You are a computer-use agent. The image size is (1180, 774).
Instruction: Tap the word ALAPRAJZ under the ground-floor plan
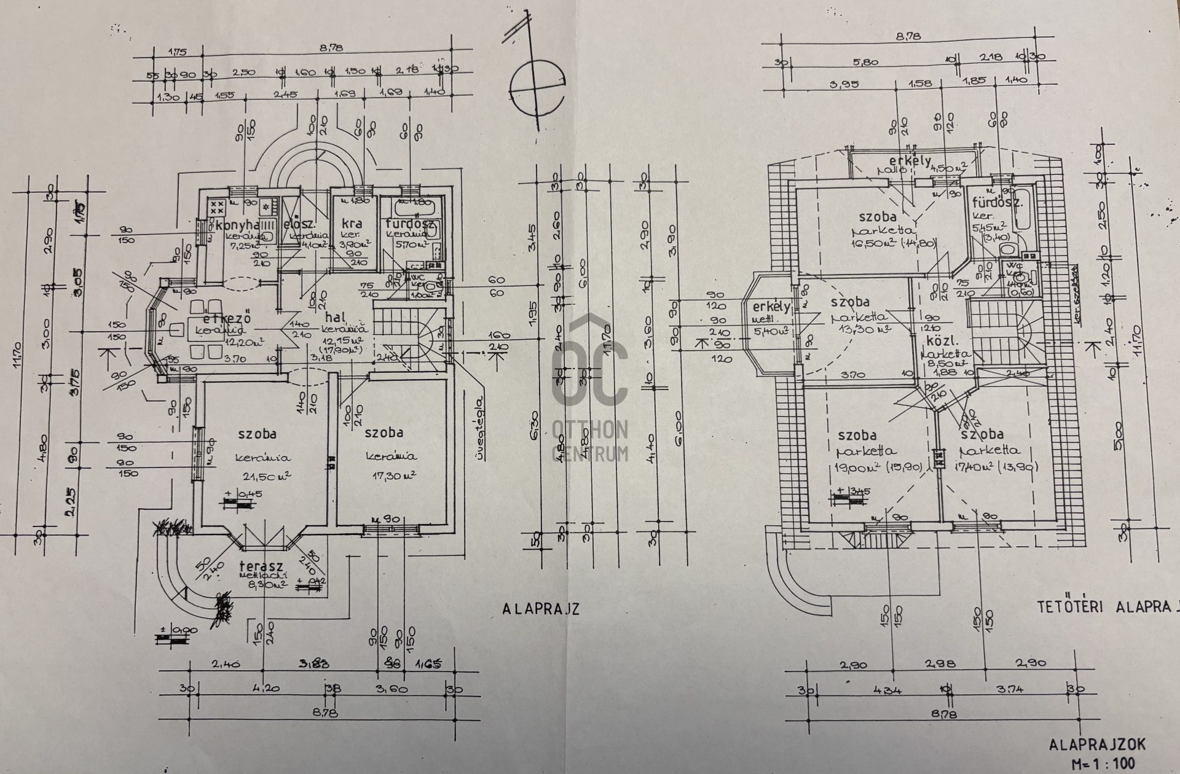point(541,610)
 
